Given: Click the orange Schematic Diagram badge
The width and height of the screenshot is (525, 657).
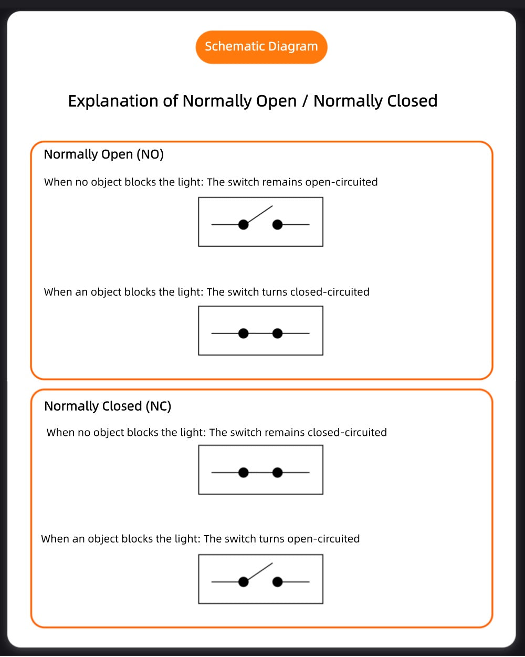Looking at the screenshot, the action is [261, 47].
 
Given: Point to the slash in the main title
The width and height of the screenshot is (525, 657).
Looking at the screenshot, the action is [305, 101].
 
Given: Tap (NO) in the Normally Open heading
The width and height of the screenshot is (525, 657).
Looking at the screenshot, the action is [150, 154].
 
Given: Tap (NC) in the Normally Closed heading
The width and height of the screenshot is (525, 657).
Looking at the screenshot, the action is [158, 406].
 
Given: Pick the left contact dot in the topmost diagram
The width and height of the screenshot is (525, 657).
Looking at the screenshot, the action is [243, 225].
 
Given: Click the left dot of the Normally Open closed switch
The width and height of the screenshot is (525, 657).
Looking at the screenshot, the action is [243, 333].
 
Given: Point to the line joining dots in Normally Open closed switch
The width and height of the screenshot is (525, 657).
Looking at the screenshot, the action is [260, 333].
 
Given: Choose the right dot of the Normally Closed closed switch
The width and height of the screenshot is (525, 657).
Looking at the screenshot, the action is [277, 473].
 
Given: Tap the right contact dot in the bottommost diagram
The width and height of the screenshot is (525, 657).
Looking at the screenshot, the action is [277, 582].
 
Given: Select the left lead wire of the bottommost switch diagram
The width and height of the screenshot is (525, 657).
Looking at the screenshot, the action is [225, 582].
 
